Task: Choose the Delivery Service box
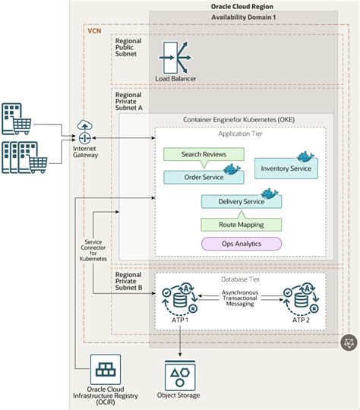(x=240, y=202)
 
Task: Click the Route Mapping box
(x=240, y=225)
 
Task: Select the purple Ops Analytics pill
(x=240, y=244)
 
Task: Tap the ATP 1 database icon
(x=182, y=298)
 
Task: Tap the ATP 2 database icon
(x=298, y=298)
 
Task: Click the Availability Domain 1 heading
(x=243, y=18)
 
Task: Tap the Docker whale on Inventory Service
(x=305, y=156)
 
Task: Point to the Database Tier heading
(x=240, y=279)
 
